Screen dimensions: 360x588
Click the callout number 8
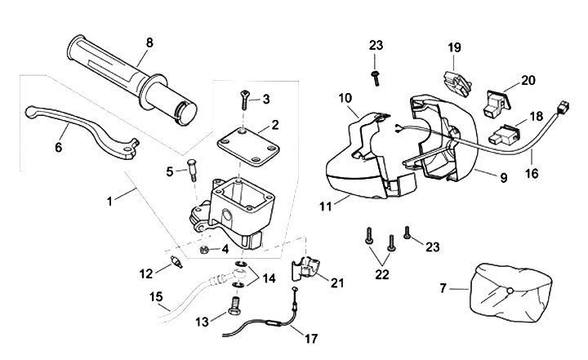[149, 42]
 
